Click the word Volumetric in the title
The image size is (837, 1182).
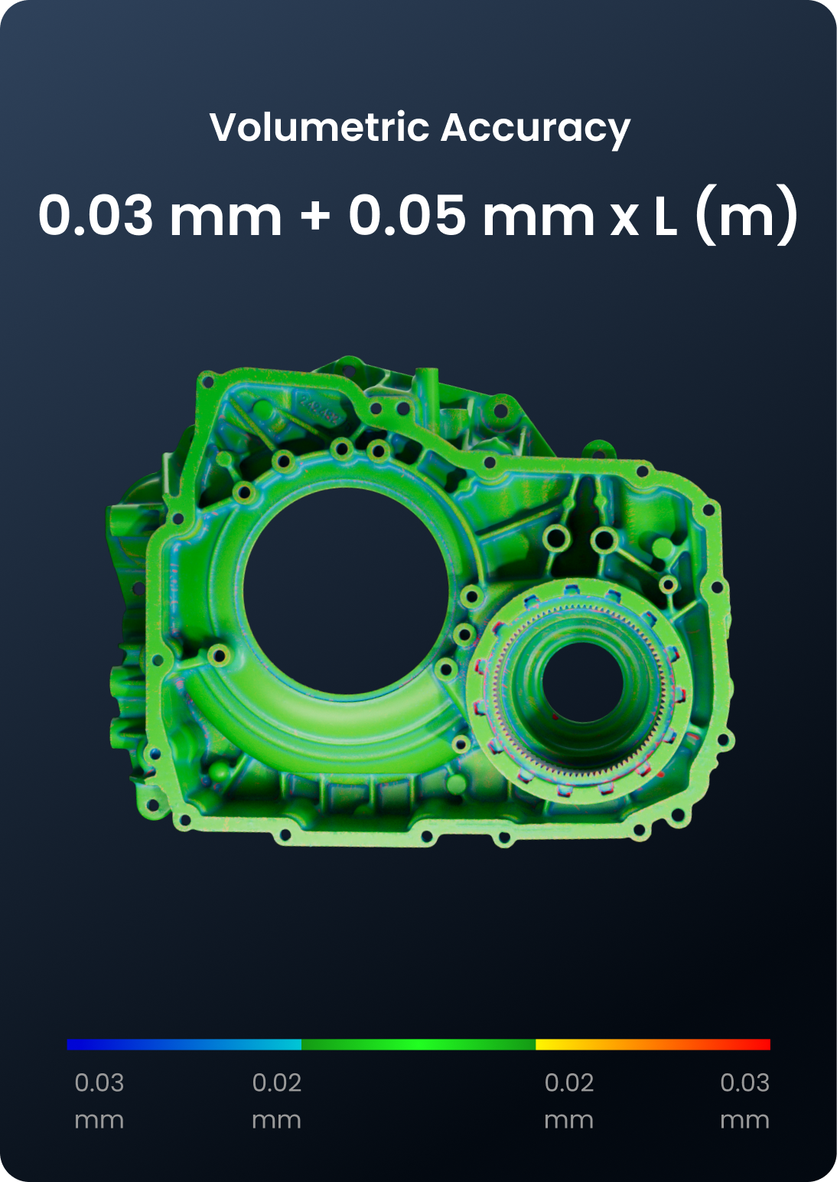319,127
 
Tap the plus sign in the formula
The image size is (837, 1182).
315,214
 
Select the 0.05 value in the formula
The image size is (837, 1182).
407,215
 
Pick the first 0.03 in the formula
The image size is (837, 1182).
96,215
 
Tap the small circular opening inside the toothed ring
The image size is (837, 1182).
583,681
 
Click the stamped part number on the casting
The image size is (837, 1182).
319,409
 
